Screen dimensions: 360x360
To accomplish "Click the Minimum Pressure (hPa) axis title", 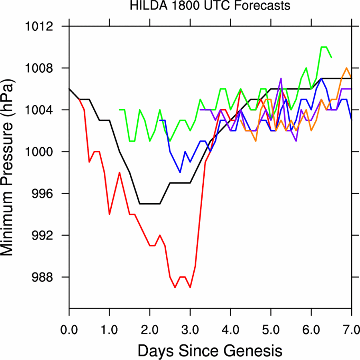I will pyautogui.click(x=11, y=167).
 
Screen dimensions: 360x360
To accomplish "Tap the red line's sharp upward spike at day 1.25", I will pyautogui.click(x=119, y=173).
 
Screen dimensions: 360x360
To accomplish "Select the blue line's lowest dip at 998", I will pyautogui.click(x=180, y=172).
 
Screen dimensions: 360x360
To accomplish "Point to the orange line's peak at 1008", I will pyautogui.click(x=346, y=68).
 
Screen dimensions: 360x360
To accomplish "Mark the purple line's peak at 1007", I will pyautogui.click(x=281, y=78).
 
